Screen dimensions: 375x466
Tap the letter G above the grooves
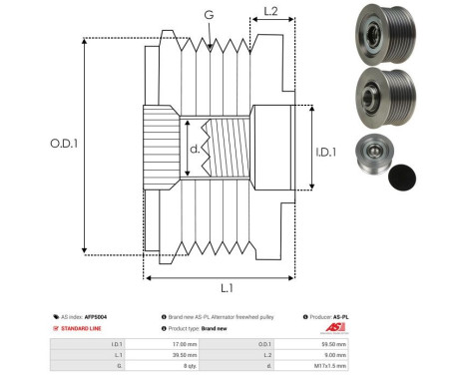[x=208, y=15]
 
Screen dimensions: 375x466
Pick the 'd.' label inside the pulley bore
[x=194, y=151]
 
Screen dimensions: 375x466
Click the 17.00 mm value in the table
[x=186, y=343]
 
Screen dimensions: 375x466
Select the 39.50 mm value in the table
[x=186, y=354]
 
